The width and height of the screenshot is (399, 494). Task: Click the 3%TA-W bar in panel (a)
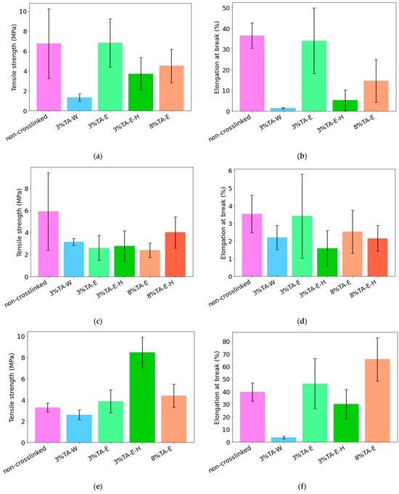(80, 104)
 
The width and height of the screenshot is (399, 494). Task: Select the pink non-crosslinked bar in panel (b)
(252, 73)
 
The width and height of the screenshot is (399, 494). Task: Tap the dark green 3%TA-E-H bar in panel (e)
(142, 397)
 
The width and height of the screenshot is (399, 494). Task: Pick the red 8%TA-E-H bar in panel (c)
(176, 254)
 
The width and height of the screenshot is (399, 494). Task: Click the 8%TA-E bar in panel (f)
(377, 401)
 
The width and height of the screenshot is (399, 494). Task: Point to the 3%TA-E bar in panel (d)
(303, 246)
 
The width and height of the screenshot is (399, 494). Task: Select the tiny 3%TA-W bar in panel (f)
(284, 440)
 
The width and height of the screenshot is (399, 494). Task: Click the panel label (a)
(98, 156)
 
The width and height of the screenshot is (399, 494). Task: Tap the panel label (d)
(302, 322)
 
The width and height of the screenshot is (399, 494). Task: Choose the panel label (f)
(302, 487)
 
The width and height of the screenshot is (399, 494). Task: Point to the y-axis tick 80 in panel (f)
(227, 341)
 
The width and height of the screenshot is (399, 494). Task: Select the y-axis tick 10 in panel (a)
(22, 12)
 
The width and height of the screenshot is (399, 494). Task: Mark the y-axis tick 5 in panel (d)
(230, 188)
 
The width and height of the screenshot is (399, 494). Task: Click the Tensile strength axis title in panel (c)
(20, 223)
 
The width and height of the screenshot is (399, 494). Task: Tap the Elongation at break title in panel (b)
(217, 57)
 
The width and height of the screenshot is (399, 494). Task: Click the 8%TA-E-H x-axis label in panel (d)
(363, 289)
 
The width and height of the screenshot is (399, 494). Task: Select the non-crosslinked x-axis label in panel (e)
(25, 459)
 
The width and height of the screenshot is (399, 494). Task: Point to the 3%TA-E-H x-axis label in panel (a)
(126, 123)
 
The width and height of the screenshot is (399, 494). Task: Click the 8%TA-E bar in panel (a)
(171, 88)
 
